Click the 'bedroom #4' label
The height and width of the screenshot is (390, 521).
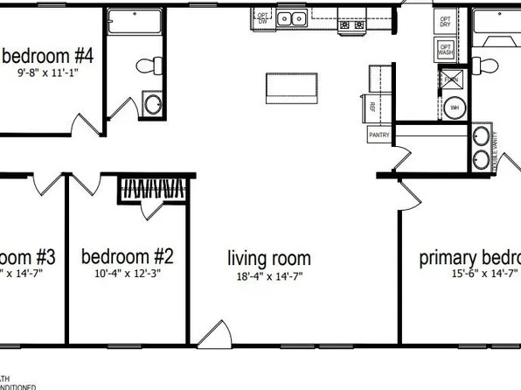click(49, 57)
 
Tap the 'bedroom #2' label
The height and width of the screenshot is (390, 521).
click(127, 256)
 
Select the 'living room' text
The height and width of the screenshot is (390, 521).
click(269, 258)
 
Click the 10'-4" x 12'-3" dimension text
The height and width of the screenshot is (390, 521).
click(127, 273)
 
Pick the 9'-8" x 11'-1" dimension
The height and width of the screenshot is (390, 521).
click(49, 73)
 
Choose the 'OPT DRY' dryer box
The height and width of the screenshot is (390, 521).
click(446, 22)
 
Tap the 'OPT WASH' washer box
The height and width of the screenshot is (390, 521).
click(446, 51)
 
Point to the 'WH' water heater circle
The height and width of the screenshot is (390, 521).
click(455, 108)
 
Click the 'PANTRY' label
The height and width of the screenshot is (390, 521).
click(379, 136)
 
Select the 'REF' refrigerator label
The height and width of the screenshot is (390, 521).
click(372, 107)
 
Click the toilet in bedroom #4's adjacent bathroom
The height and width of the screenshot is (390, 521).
click(151, 64)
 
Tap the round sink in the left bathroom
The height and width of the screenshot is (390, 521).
click(153, 106)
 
